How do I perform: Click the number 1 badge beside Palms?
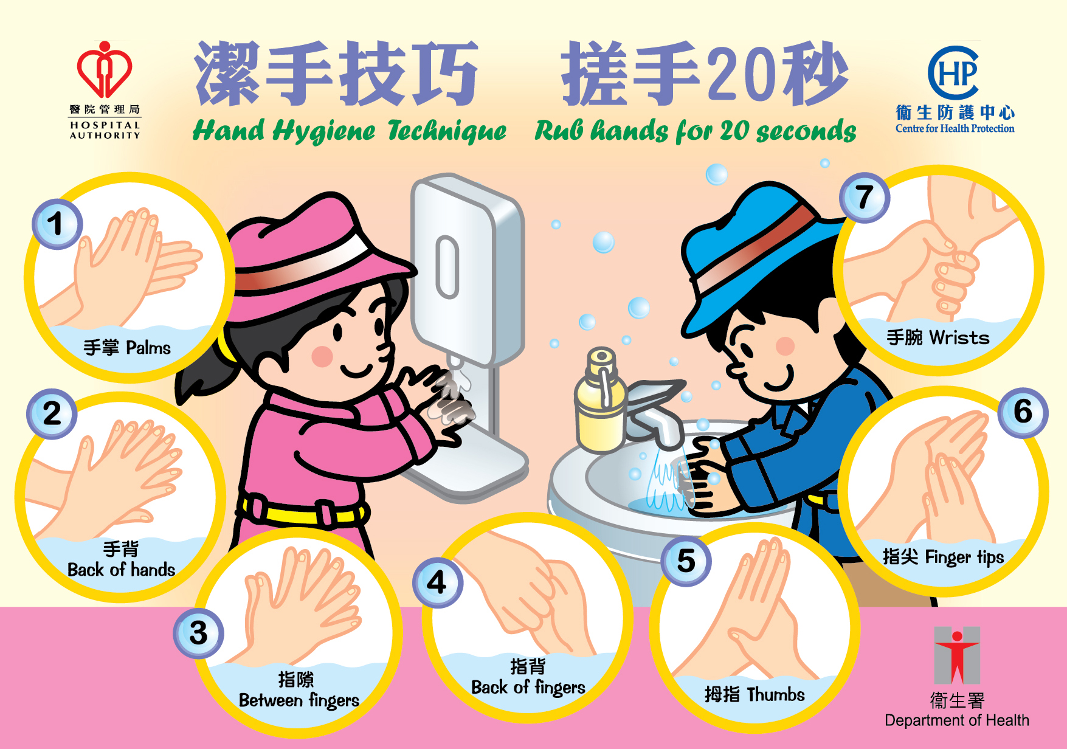[x=57, y=224]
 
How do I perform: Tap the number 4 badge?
[x=437, y=582]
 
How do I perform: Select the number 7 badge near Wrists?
[x=864, y=198]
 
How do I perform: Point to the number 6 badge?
[x=1023, y=413]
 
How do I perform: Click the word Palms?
[x=148, y=348]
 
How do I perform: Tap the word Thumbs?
[x=776, y=694]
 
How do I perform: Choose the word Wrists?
[x=959, y=337]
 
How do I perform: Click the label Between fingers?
[x=299, y=701]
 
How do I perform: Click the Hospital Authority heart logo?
[x=105, y=70]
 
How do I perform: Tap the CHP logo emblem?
[x=953, y=73]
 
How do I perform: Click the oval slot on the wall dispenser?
[x=447, y=267]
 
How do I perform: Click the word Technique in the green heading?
[x=447, y=131]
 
